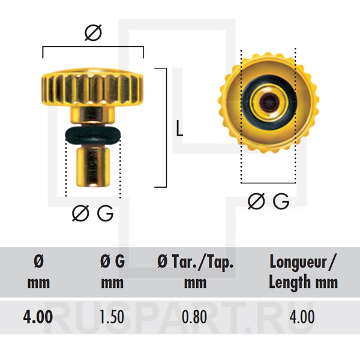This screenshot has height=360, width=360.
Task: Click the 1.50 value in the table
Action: (x=112, y=317)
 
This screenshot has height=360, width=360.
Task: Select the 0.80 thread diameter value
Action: (x=194, y=317)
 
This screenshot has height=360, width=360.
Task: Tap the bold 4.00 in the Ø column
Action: (x=38, y=317)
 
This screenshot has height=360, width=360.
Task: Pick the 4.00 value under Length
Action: (x=302, y=317)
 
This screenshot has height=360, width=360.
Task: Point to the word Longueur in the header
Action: (x=298, y=263)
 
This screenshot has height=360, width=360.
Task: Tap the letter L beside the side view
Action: (x=179, y=128)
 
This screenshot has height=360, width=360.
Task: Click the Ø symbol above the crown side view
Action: (x=93, y=33)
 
